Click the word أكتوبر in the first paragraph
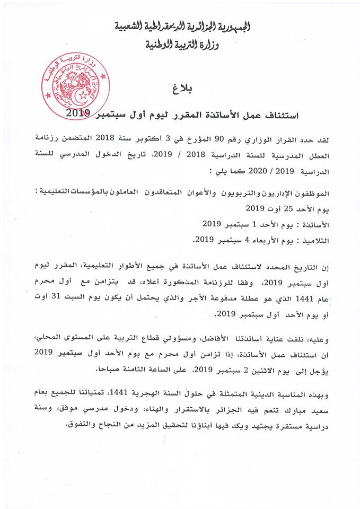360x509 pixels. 154,138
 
